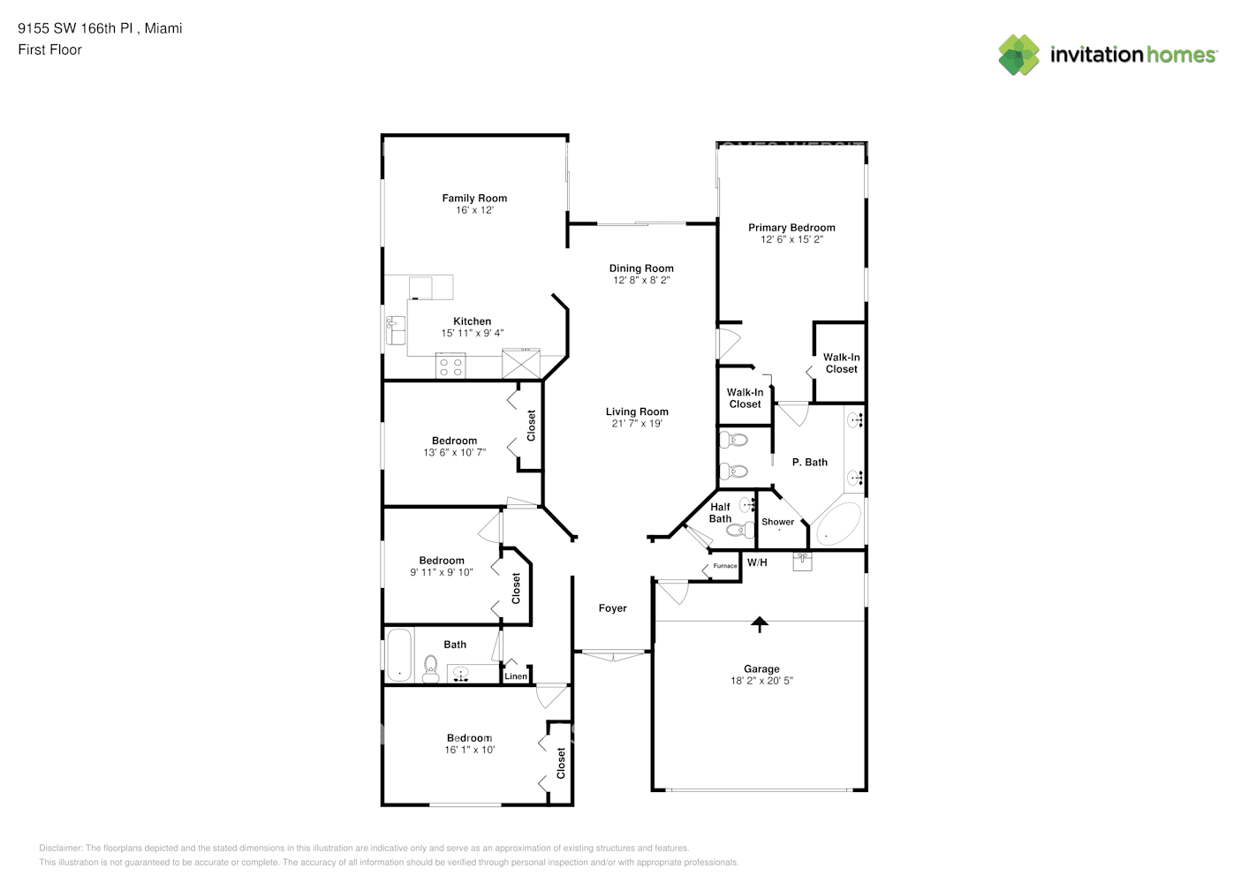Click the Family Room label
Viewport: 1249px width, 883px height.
click(474, 198)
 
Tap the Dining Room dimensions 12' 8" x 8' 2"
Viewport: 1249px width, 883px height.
click(641, 280)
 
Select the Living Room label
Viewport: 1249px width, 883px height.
click(637, 411)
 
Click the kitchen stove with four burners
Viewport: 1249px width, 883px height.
click(450, 366)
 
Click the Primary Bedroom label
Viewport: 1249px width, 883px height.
click(791, 227)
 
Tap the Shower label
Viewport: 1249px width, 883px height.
click(777, 522)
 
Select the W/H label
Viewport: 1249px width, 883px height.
click(757, 562)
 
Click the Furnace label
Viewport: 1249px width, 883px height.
click(724, 566)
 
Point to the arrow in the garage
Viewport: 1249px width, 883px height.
click(759, 624)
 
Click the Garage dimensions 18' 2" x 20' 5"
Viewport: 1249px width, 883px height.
click(761, 681)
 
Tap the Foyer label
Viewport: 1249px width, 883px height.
click(612, 608)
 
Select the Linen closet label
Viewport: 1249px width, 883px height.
click(516, 676)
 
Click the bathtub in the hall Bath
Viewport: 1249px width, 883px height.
click(399, 654)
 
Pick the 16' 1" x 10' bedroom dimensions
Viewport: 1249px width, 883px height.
click(469, 750)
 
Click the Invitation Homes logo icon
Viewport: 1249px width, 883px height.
click(1018, 55)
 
